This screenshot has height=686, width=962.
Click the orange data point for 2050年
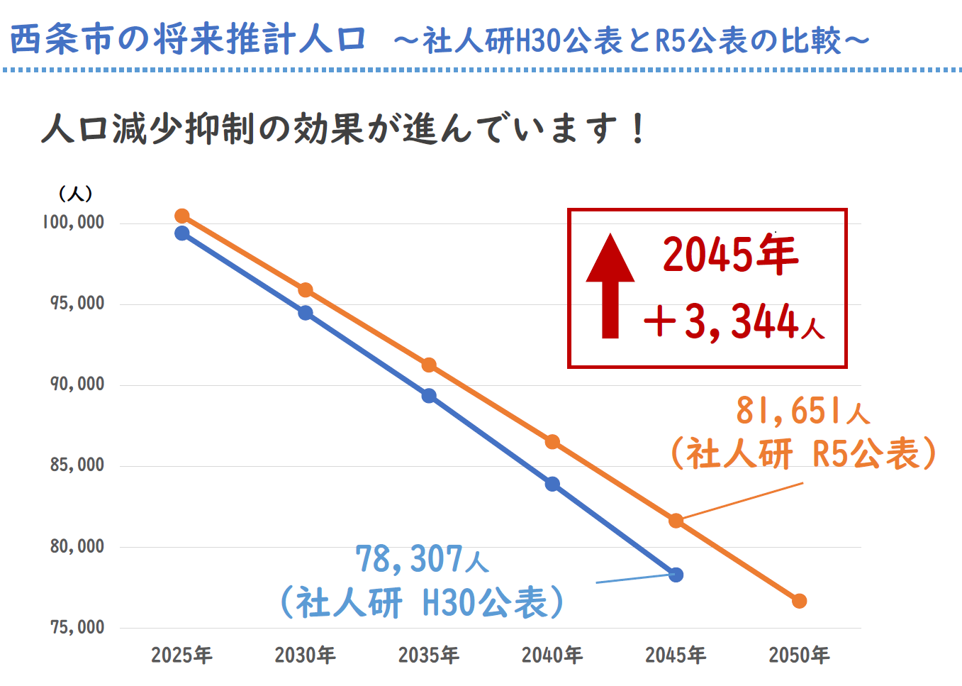click(x=799, y=601)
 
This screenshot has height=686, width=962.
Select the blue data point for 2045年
click(x=676, y=575)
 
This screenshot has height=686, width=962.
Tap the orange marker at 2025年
click(x=182, y=216)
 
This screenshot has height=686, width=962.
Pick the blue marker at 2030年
click(x=306, y=313)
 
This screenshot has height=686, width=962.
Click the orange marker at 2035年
click(x=429, y=365)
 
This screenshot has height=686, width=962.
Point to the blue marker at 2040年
click(x=552, y=485)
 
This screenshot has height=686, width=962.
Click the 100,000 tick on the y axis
click(x=73, y=222)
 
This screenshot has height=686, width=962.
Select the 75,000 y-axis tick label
click(x=77, y=627)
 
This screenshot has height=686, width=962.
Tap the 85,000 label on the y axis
click(x=77, y=465)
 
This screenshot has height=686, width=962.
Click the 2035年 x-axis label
click(x=429, y=655)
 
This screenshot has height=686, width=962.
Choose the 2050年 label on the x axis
click(x=799, y=655)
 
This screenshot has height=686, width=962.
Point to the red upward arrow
click(x=610, y=286)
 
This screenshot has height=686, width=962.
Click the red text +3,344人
click(x=734, y=321)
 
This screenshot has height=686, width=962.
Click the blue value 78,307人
click(x=422, y=559)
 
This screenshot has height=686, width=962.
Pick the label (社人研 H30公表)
click(x=422, y=602)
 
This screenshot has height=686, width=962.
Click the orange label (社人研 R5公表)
click(x=802, y=453)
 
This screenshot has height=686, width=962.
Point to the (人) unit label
click(x=75, y=193)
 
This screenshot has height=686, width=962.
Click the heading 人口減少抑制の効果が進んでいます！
click(x=344, y=129)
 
